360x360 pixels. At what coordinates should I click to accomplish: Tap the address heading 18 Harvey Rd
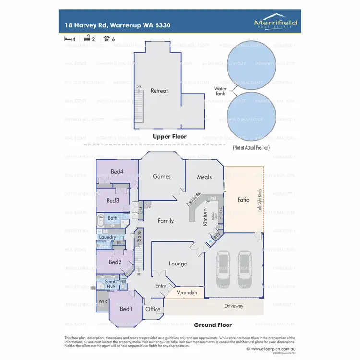pos(118,25)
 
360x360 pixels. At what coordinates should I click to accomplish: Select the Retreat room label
pos(159,90)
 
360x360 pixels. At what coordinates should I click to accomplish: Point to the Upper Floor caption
pos(169,137)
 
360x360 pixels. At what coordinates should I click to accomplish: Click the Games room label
pos(162,176)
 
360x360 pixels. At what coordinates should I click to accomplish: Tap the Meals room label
pos(204,177)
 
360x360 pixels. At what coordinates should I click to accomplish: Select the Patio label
pos(243,199)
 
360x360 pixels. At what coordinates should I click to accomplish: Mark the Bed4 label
pos(117,171)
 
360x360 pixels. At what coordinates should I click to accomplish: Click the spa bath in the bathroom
pos(101,221)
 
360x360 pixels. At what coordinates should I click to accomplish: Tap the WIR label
pos(102,301)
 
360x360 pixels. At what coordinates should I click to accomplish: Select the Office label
pos(153,309)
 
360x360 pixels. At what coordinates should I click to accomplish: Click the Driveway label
pos(233,306)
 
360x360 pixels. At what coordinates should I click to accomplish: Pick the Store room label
pos(138,236)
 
